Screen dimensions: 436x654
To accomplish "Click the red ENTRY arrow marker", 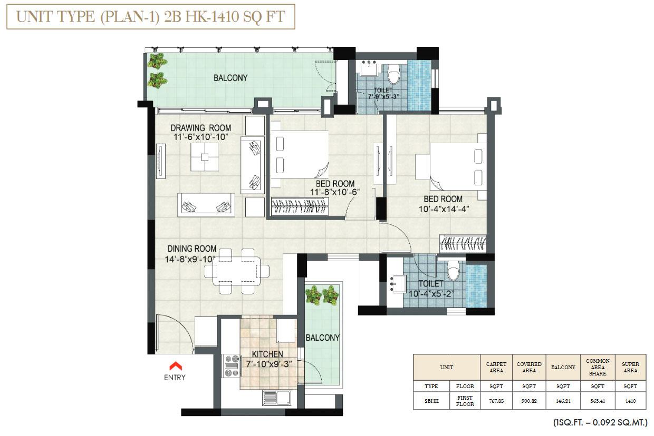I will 175,365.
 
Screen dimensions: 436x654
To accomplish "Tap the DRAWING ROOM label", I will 200,127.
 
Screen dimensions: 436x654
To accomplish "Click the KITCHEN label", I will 267,354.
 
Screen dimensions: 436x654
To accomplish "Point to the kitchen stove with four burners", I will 232,365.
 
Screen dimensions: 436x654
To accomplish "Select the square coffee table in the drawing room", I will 205,156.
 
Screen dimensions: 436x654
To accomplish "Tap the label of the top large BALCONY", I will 230,78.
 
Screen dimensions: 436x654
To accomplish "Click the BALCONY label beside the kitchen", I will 322,338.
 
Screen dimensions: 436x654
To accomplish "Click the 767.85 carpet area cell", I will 495,401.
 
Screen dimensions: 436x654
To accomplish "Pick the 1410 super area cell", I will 630,401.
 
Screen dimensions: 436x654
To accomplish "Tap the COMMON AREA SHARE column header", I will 598,367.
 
